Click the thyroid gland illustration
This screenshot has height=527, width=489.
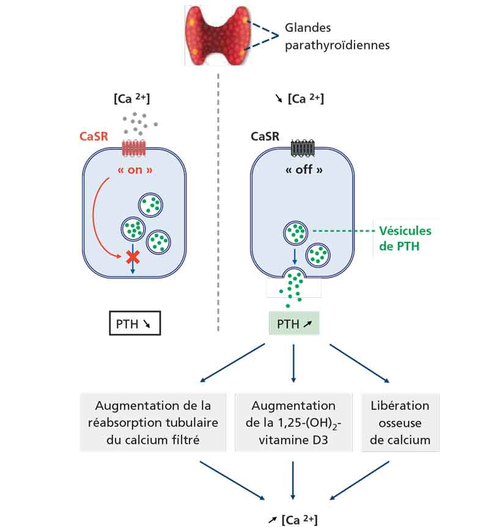pos(218,35)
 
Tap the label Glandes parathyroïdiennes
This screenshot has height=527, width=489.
pos(337,36)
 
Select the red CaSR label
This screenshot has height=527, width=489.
pos(94,136)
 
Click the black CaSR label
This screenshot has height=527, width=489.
pos(265,136)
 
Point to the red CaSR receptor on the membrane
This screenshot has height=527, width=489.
pos(134,148)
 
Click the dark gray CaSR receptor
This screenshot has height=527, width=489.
pos(303,148)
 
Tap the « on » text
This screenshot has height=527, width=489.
pos(135,170)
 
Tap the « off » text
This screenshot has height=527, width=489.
pos(304,170)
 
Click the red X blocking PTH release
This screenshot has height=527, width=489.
pos(133,258)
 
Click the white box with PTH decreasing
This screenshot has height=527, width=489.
pos(135,323)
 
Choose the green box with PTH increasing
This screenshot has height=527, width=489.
pos(294,323)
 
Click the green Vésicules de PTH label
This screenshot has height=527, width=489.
pos(405,239)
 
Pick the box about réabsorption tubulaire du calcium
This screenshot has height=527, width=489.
pos(153,423)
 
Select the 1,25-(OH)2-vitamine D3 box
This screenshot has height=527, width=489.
pos(293,423)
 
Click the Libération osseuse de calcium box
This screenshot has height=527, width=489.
pos(400,423)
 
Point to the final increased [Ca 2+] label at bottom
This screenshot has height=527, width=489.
pos(293,520)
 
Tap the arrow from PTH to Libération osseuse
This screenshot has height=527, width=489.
pos(359,363)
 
